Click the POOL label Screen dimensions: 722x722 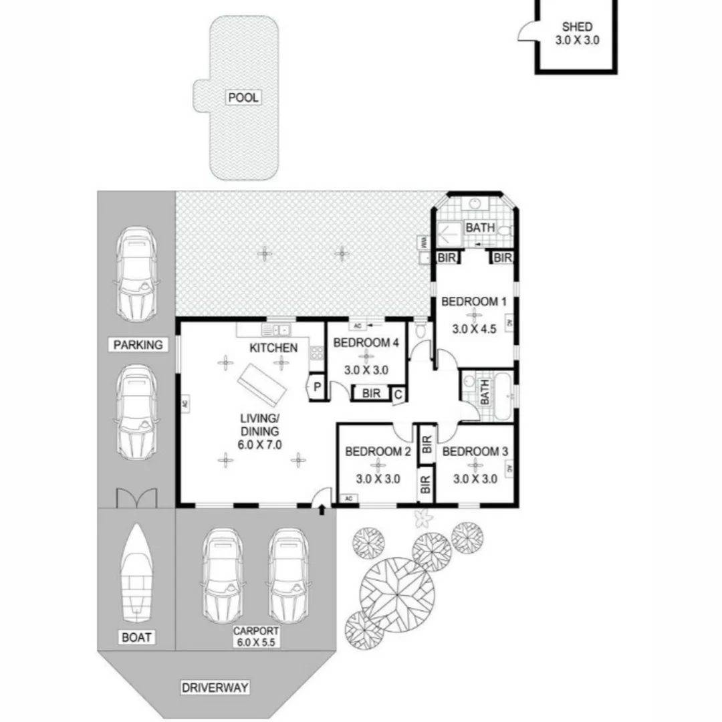pos(243,98)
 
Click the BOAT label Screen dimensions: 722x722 pos(136,637)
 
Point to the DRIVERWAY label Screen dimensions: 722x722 pos(215,687)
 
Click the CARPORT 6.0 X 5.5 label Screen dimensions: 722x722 pos(256,636)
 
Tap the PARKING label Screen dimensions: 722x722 pos(138,345)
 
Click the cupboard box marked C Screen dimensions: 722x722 pos(398,394)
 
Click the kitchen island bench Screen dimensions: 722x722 pos(265,385)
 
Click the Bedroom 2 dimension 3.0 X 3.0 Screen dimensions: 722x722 pos(378,479)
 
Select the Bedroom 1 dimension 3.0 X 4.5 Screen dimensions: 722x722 pos(474,329)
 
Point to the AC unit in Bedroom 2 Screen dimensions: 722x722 pos(348,499)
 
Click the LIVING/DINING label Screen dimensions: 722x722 pos(260,431)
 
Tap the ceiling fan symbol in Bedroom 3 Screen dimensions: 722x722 pos(475,465)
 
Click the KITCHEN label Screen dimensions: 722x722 pos(273,348)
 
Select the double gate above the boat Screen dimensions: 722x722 pos(136,498)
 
